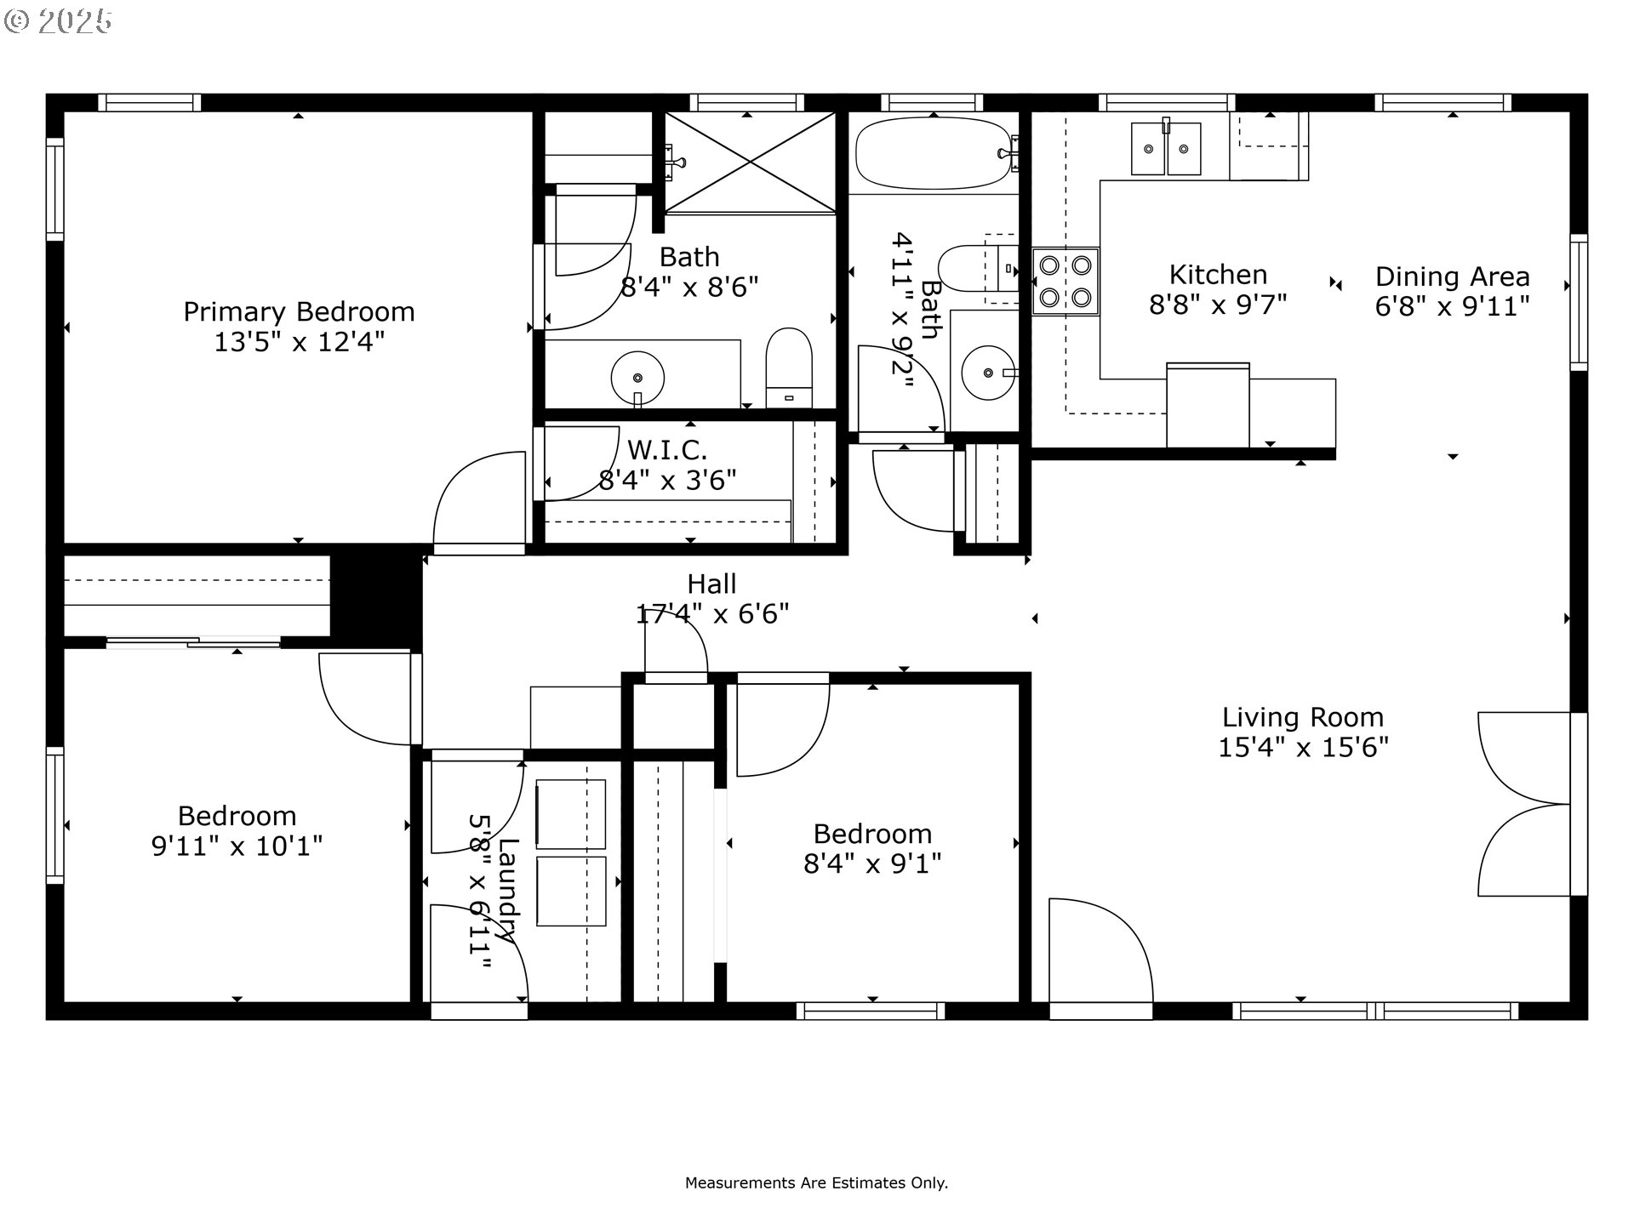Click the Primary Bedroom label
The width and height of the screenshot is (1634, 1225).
299,311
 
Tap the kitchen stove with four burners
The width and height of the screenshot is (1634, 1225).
1066,282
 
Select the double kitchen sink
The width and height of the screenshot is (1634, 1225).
1165,149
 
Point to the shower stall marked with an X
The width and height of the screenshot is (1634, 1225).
749,162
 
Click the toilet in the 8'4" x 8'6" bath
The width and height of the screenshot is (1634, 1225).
789,367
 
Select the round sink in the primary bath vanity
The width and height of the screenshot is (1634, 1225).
637,378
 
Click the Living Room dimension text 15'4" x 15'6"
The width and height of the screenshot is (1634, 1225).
1303,748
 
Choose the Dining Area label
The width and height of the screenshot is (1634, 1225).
1452,276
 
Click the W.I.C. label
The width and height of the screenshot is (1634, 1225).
667,448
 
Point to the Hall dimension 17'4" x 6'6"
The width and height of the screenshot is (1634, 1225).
712,613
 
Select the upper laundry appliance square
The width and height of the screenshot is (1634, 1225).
570,814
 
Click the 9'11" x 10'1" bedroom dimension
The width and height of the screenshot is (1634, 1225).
237,846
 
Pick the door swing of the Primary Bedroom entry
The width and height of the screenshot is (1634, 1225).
477,502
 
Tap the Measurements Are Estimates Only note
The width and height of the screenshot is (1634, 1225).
816,1182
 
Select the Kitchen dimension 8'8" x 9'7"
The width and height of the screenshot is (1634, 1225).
1218,305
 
